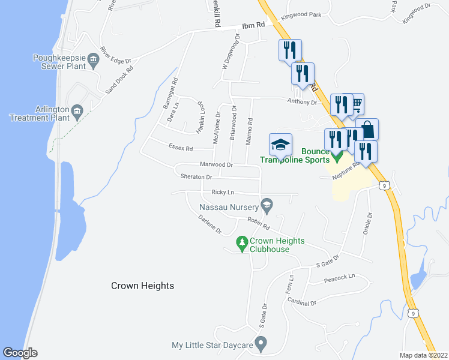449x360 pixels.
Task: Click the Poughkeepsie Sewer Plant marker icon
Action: pos(93,58)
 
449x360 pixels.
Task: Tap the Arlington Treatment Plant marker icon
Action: pos(77,110)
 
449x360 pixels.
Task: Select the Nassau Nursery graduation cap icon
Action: pos(267,206)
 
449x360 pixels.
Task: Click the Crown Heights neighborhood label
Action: pos(142,286)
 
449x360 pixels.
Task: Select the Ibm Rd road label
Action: pos(253,25)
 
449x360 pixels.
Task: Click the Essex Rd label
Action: pos(181,148)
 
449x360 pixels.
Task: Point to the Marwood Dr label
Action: pos(217,164)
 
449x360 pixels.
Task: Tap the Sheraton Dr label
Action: pos(196,177)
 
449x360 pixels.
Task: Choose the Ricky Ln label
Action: pos(222,192)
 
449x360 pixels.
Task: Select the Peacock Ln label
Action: pos(339,278)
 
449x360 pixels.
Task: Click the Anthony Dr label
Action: pos(301,102)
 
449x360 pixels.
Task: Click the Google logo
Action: pos(20,353)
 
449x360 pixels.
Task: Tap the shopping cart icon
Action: pos(355,105)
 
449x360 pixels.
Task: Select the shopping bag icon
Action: pos(367,129)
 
